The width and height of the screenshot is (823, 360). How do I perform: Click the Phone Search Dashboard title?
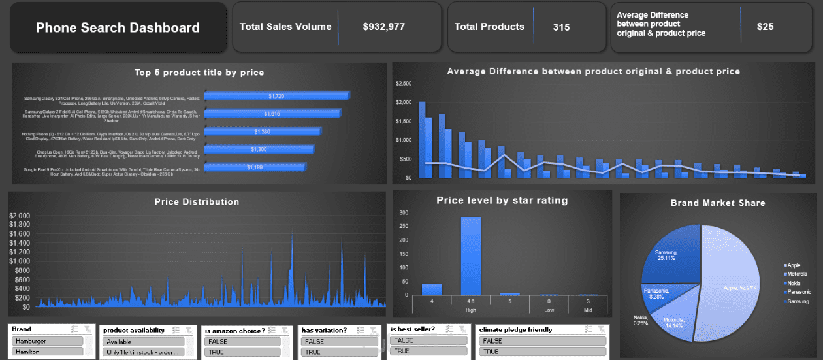(x=118, y=27)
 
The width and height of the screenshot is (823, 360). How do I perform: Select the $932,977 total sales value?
(x=383, y=27)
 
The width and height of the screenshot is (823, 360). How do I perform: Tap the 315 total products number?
(x=560, y=27)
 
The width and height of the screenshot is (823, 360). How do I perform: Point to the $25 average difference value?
(x=765, y=27)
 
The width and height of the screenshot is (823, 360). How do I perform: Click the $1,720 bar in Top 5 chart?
(x=276, y=96)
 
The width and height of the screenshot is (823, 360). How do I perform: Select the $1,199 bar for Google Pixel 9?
(x=255, y=167)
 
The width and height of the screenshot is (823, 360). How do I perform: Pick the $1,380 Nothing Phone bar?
(x=262, y=131)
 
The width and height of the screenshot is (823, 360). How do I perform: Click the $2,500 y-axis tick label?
(x=404, y=84)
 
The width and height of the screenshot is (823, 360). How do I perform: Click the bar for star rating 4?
(x=431, y=289)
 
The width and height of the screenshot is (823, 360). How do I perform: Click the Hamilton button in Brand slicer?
(x=47, y=352)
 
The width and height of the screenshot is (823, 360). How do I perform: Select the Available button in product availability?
(x=144, y=342)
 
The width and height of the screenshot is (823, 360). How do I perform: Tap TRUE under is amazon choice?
(x=242, y=352)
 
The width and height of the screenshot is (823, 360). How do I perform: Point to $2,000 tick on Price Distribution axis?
(x=20, y=216)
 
